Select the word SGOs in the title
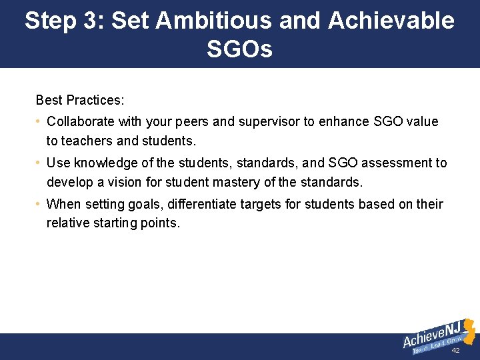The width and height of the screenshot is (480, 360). [x=239, y=49]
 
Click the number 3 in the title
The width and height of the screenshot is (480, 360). [x=89, y=21]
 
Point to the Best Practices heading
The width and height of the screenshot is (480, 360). [x=80, y=100]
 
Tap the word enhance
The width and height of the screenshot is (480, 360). [x=343, y=121]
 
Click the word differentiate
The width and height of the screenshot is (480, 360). [x=204, y=204]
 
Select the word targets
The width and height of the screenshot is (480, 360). [x=261, y=204]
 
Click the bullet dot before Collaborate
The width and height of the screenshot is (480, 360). [x=39, y=121]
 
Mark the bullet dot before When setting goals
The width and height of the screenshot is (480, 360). [x=39, y=204]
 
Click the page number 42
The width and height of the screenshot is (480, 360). [x=456, y=351]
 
